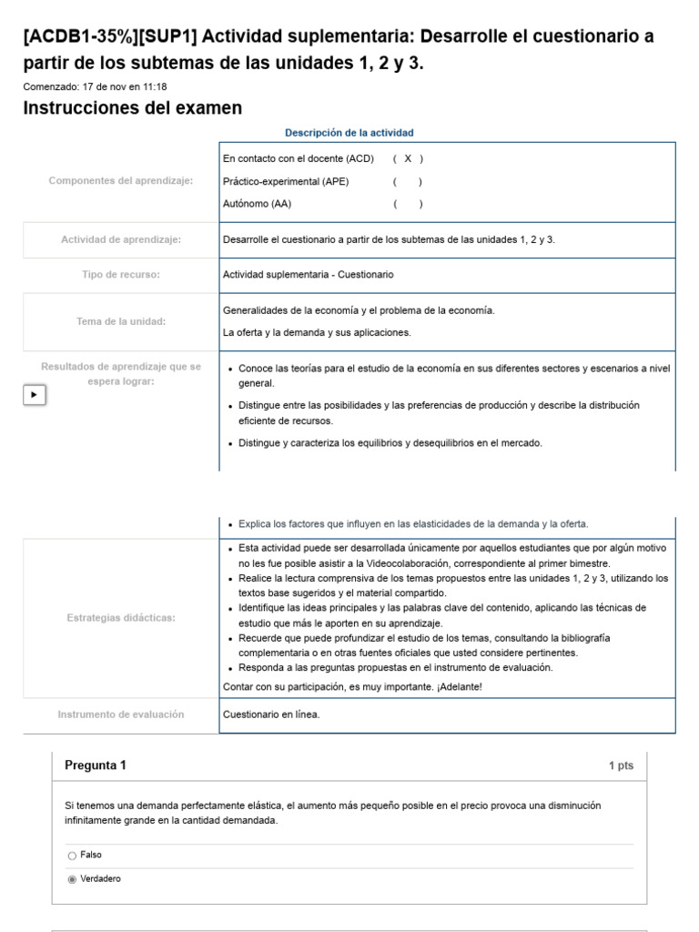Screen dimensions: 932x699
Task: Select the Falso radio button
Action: [72, 856]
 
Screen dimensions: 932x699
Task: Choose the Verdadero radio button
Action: [72, 879]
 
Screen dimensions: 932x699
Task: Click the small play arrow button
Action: [34, 395]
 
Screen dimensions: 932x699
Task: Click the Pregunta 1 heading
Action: [96, 765]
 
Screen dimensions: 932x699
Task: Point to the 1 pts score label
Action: [621, 766]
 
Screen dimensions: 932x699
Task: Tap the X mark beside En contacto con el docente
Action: [408, 158]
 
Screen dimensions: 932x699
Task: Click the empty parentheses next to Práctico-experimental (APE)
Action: [408, 181]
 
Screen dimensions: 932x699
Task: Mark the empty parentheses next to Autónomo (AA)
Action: [408, 204]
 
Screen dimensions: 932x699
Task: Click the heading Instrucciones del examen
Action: [132, 108]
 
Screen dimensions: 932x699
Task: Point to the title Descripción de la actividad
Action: [349, 133]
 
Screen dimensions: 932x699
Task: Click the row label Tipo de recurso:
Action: [121, 274]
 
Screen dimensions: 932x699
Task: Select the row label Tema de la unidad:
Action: [121, 321]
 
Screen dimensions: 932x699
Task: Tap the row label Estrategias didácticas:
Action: [121, 618]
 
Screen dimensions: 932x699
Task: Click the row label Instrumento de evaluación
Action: [121, 714]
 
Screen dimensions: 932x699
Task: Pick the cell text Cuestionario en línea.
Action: [271, 714]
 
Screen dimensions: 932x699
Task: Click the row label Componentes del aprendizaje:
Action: [121, 181]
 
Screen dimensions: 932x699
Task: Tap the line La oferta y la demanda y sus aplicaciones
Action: [317, 332]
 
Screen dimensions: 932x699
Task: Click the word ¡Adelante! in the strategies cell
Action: [459, 686]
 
